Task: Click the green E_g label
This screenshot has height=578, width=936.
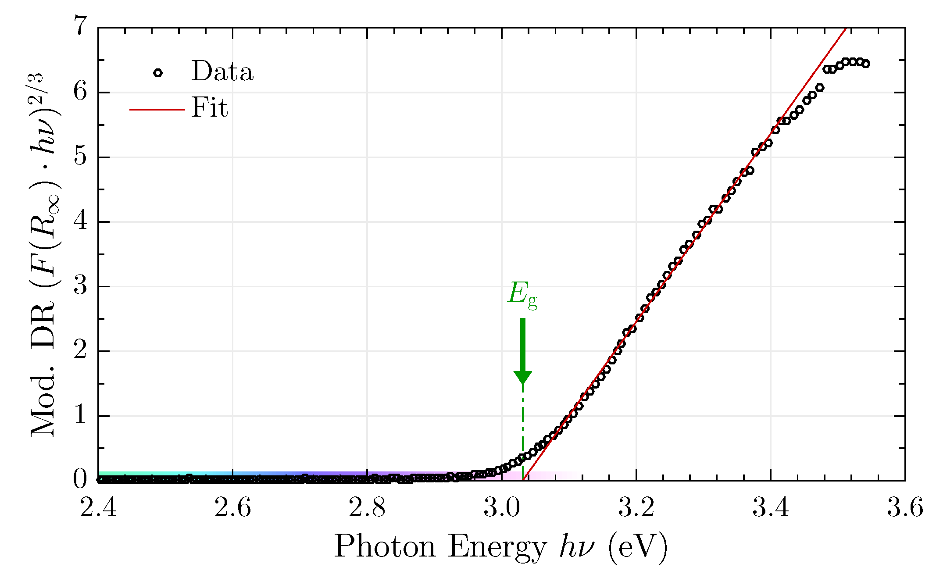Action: pos(522,294)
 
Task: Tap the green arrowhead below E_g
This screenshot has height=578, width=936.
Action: pos(522,377)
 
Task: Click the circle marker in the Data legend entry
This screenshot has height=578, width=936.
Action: pos(158,73)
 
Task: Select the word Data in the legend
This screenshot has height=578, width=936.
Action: pos(222,71)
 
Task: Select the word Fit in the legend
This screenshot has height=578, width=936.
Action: pos(209,108)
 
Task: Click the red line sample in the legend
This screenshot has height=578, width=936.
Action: pos(157,109)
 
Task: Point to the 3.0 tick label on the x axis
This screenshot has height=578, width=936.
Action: pos(501,508)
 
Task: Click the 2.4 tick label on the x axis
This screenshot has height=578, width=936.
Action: pos(98,508)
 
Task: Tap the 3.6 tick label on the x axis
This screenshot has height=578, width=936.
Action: pos(905,508)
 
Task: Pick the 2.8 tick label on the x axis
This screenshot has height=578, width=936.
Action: pos(367,508)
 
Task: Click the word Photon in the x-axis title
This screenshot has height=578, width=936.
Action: pos(385,547)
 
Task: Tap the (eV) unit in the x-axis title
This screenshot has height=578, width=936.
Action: pos(637,547)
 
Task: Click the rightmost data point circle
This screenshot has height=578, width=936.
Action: pos(865,64)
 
